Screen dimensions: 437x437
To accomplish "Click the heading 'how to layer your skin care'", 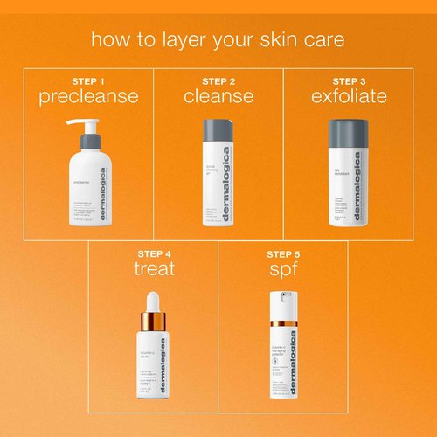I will pos(218,40).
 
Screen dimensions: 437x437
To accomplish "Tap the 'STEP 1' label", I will pos(88,80).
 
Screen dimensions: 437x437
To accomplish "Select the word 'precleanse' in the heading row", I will pos(88,96).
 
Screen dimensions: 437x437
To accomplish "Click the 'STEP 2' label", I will pos(218,80).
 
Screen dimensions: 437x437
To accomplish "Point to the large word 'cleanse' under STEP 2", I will pos(218,96).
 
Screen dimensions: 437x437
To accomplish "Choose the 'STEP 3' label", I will pos(349,80).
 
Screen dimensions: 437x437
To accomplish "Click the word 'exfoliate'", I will pos(349,96).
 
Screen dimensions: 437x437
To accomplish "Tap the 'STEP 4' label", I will pos(154,253).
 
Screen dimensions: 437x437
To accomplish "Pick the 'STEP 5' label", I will pos(283,253).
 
